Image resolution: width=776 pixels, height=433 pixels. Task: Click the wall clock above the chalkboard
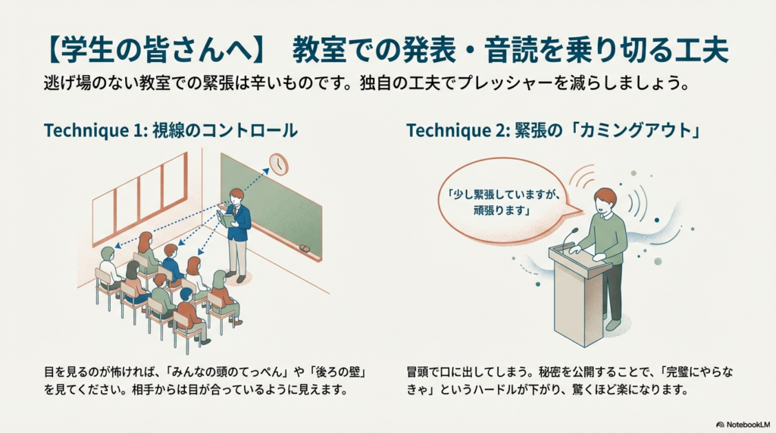click(x=279, y=164)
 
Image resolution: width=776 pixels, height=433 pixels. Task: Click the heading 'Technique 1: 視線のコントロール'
click(x=171, y=130)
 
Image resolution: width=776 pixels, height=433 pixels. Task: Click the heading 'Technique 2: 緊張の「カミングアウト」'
click(x=552, y=130)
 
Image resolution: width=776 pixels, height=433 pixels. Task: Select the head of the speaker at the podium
click(x=604, y=199)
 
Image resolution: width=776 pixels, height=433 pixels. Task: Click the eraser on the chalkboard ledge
click(x=304, y=248)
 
